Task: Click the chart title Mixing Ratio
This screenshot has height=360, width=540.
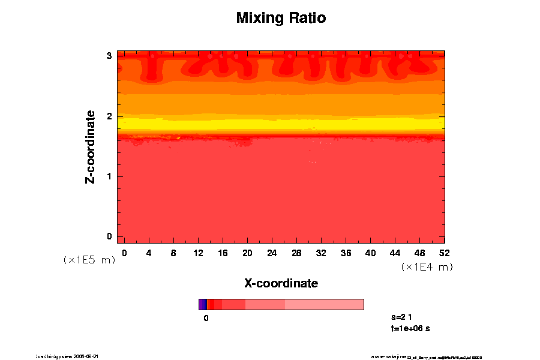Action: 281,18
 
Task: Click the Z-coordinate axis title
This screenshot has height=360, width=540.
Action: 91,146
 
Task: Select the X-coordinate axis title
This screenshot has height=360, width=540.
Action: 281,283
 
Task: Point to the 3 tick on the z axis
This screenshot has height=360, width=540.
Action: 109,56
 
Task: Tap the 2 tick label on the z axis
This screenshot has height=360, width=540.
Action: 109,116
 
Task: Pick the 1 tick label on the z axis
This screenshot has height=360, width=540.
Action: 109,176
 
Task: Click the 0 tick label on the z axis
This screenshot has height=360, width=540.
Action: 109,236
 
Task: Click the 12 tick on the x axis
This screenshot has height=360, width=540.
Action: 198,253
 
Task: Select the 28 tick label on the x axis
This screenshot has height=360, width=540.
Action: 296,253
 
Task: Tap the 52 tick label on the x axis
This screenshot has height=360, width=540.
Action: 445,253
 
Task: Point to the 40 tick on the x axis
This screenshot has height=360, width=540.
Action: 370,253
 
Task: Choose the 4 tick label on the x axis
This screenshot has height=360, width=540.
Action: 149,253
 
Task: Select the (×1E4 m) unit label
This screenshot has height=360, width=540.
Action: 427,267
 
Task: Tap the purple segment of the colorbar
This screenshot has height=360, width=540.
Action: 202,304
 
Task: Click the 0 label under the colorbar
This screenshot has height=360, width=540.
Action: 206,318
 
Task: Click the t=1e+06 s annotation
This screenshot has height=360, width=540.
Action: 410,329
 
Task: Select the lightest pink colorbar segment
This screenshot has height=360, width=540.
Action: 324,304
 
